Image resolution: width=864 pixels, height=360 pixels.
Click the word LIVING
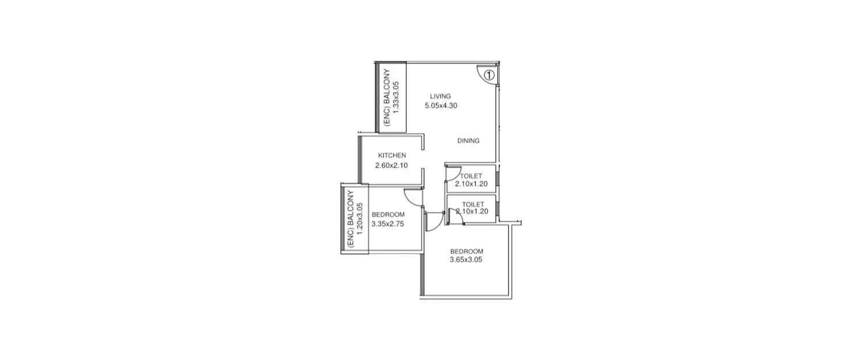click(x=441, y=96)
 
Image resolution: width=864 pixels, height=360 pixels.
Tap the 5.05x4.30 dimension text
click(x=441, y=105)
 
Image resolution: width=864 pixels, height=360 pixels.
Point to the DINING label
click(x=468, y=141)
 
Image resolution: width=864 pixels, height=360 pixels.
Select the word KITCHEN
click(x=392, y=156)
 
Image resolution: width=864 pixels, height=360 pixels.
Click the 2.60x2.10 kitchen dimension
click(x=392, y=165)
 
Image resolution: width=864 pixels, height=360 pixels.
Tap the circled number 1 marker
click(x=488, y=75)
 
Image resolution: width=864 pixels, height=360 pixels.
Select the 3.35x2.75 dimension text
click(x=388, y=224)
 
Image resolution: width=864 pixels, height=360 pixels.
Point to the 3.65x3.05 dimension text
click(x=466, y=260)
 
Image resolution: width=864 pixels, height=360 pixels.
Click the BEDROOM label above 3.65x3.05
click(x=467, y=251)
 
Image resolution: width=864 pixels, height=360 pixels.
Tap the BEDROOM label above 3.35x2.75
click(x=388, y=215)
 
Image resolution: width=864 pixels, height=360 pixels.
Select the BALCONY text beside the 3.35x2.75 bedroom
click(x=351, y=216)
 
